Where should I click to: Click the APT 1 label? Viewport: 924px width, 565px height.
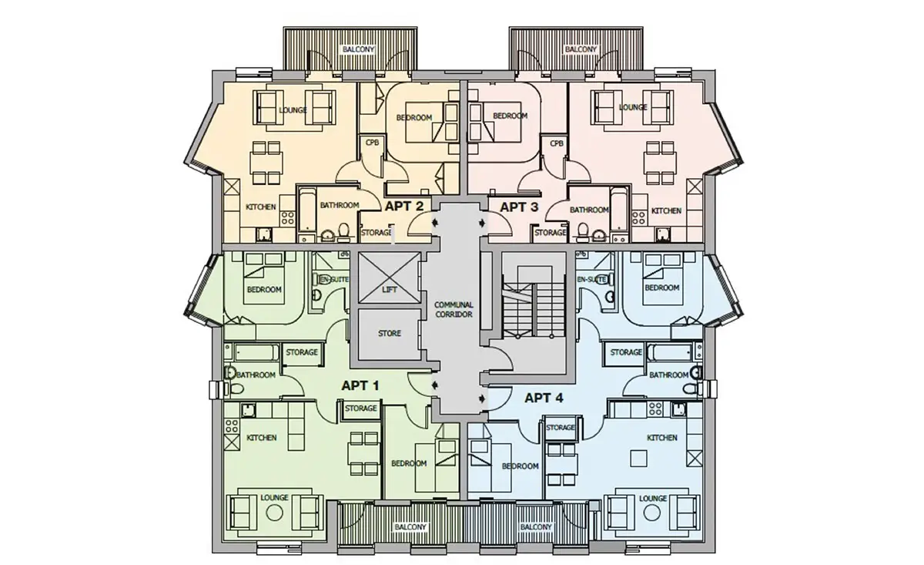point(360,385)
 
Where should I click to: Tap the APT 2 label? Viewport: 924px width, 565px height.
point(403,206)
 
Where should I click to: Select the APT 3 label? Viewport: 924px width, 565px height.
point(519,207)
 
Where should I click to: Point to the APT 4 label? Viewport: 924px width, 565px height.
point(544,399)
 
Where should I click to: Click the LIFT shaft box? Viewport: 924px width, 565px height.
point(390,277)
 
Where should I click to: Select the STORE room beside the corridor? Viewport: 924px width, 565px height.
point(390,334)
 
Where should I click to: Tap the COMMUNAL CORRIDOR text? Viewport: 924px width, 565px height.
point(454,309)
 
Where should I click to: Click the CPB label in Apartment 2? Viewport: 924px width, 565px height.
point(372,142)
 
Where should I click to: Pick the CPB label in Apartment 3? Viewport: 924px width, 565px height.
point(557,143)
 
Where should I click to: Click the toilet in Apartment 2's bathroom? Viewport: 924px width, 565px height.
point(343,231)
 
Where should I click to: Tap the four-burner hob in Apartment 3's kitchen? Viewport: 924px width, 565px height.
point(639,217)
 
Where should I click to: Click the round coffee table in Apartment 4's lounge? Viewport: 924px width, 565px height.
point(651,513)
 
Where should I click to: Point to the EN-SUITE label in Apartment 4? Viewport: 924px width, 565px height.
point(591,280)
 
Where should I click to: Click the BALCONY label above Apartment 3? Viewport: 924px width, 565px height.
point(581,49)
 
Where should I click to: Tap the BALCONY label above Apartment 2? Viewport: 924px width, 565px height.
point(359,49)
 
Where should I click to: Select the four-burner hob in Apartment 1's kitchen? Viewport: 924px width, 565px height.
point(232,425)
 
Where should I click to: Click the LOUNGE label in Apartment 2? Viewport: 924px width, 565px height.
point(293,110)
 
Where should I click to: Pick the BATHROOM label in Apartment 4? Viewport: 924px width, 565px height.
point(668,375)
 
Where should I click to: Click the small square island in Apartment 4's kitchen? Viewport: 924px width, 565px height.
point(638,459)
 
